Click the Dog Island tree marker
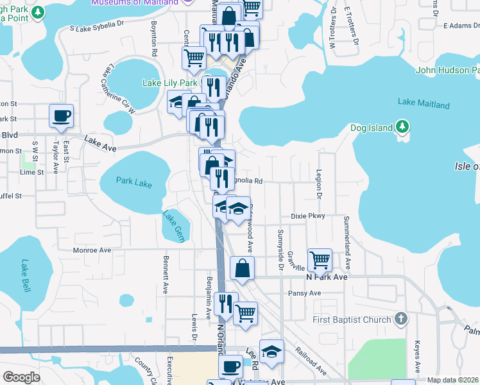(x=402, y=126)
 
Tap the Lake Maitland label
(x=424, y=103)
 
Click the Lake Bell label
(x=26, y=275)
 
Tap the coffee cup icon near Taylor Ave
(x=62, y=116)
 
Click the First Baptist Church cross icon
(x=400, y=318)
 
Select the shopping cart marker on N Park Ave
(x=320, y=261)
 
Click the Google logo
(x=21, y=377)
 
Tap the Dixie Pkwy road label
(x=308, y=216)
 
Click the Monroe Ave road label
(x=92, y=250)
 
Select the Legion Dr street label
(x=318, y=184)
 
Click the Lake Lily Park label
(x=169, y=83)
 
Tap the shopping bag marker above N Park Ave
(x=242, y=268)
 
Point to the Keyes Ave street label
(x=417, y=356)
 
